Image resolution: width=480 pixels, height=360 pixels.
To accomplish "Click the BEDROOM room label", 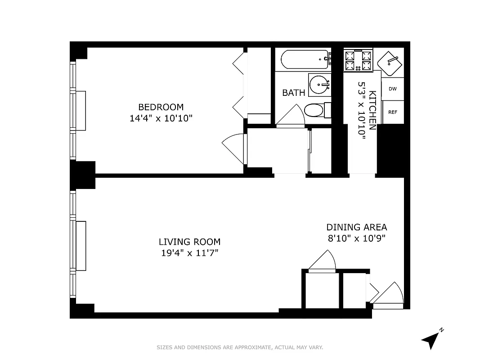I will tap(161, 107).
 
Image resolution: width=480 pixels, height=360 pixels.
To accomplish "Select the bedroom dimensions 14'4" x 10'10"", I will tap(161, 119).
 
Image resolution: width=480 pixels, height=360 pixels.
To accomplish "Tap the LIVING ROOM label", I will tap(189, 242).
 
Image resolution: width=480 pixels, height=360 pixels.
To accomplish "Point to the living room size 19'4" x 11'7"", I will tap(189, 253).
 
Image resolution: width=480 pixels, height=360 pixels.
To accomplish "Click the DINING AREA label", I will tap(356, 227).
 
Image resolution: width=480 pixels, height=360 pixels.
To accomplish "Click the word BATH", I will tap(293, 93).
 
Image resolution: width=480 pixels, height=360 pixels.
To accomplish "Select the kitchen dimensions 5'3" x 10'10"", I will tap(361, 110).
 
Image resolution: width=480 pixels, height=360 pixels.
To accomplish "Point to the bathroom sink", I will tap(320, 84).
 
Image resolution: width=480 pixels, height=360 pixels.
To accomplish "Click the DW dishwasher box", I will tap(393, 89).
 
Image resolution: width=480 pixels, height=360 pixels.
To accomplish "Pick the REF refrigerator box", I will tap(393, 112).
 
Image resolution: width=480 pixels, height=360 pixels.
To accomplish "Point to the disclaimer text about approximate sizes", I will tap(240, 347).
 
